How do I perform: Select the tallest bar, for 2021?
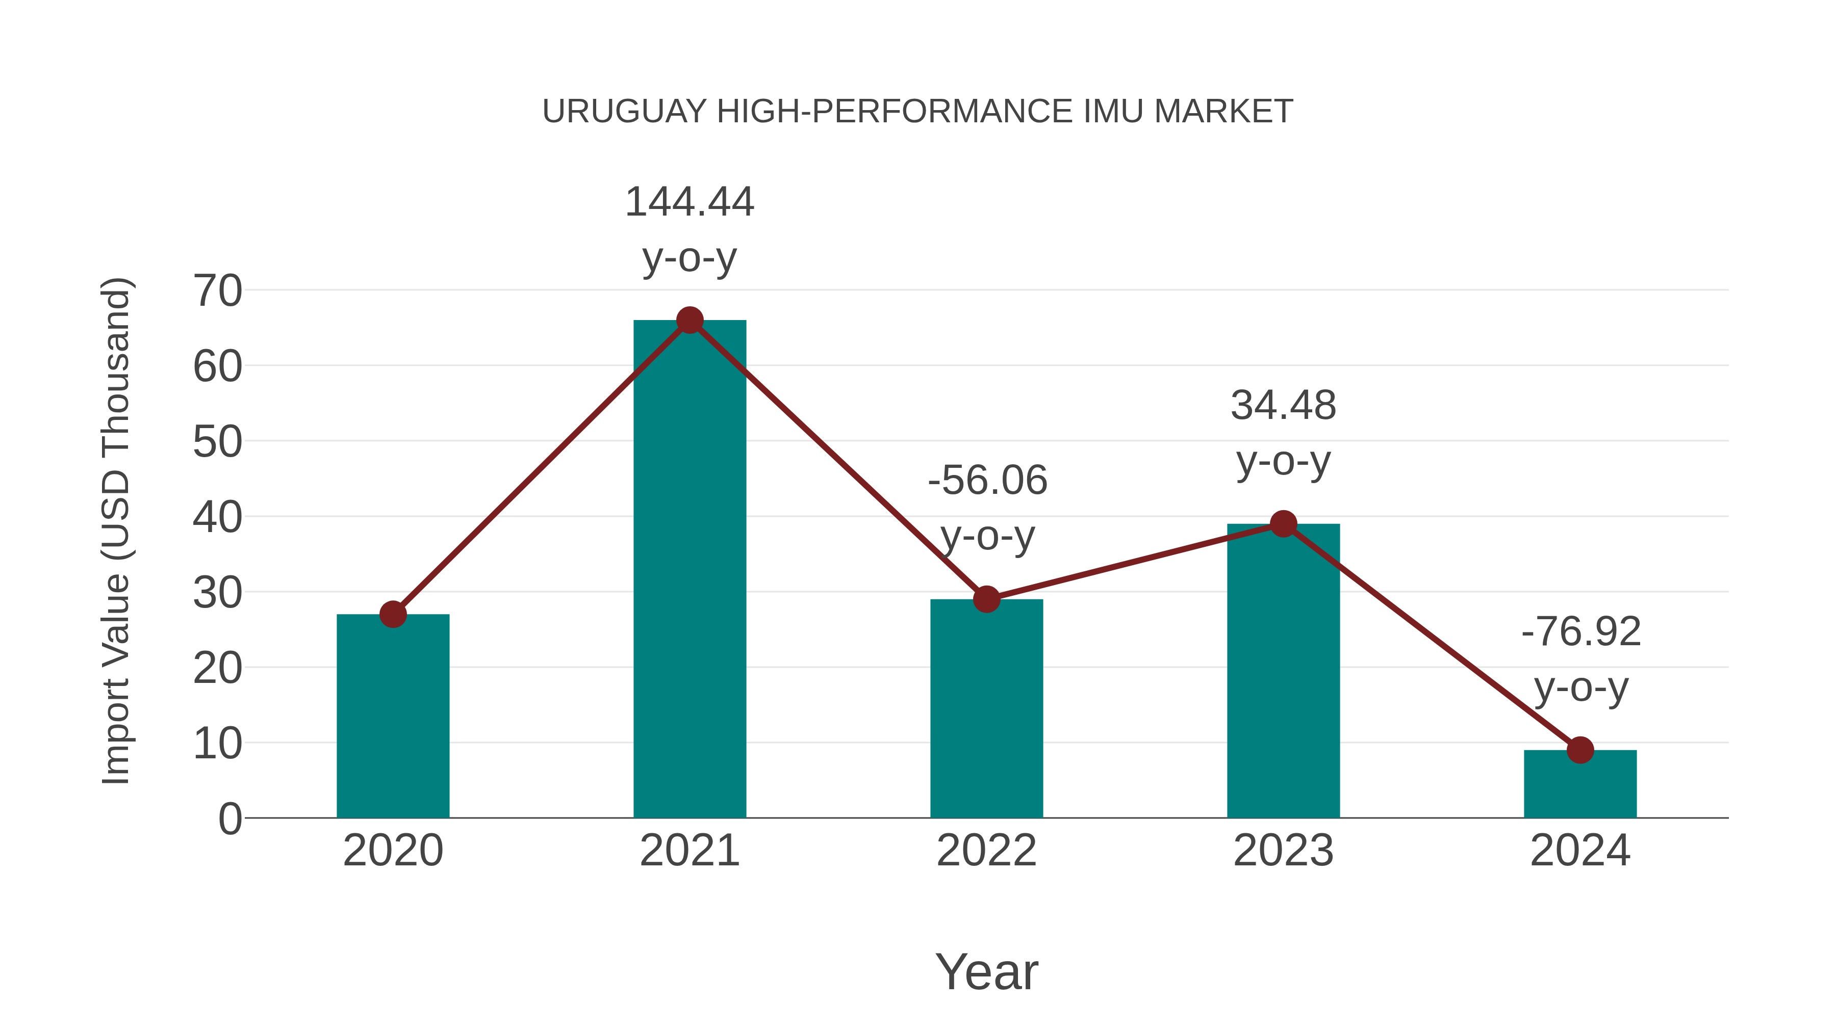click(689, 570)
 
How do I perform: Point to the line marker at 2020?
click(393, 614)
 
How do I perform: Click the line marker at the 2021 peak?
click(689, 321)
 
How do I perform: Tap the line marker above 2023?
click(1283, 524)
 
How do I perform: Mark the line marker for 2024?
click(1580, 750)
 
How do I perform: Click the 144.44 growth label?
click(689, 202)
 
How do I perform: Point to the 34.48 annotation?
click(1283, 406)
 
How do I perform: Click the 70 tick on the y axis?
click(217, 292)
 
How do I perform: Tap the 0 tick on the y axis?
click(229, 819)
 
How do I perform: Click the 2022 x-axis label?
click(986, 851)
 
